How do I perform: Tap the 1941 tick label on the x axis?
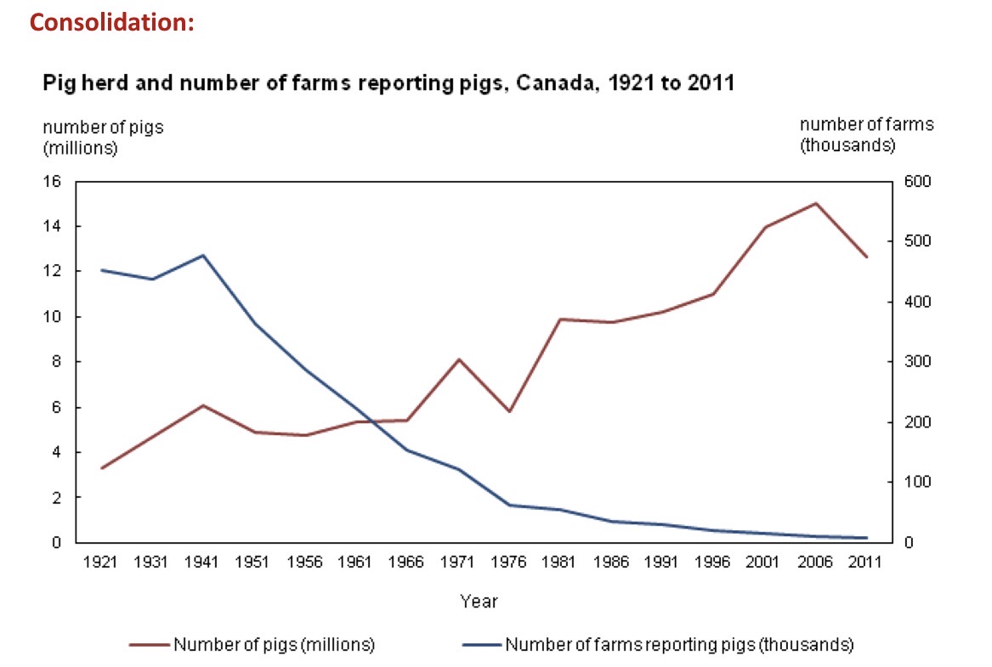pyautogui.click(x=201, y=562)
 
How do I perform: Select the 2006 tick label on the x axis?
pyautogui.click(x=815, y=562)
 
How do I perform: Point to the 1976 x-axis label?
pyautogui.click(x=508, y=562)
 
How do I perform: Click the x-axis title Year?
pyautogui.click(x=479, y=602)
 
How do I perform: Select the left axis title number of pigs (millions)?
pyautogui.click(x=103, y=137)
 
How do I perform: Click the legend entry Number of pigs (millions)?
pyautogui.click(x=274, y=644)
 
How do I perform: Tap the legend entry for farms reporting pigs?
pyautogui.click(x=678, y=644)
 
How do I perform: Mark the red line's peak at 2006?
pyautogui.click(x=816, y=204)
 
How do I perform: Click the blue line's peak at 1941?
pyautogui.click(x=202, y=255)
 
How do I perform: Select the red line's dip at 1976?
pyautogui.click(x=508, y=411)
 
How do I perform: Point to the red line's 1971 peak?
pyautogui.click(x=459, y=359)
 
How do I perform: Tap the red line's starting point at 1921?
pyautogui.click(x=102, y=468)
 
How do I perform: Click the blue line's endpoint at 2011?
pyautogui.click(x=865, y=538)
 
